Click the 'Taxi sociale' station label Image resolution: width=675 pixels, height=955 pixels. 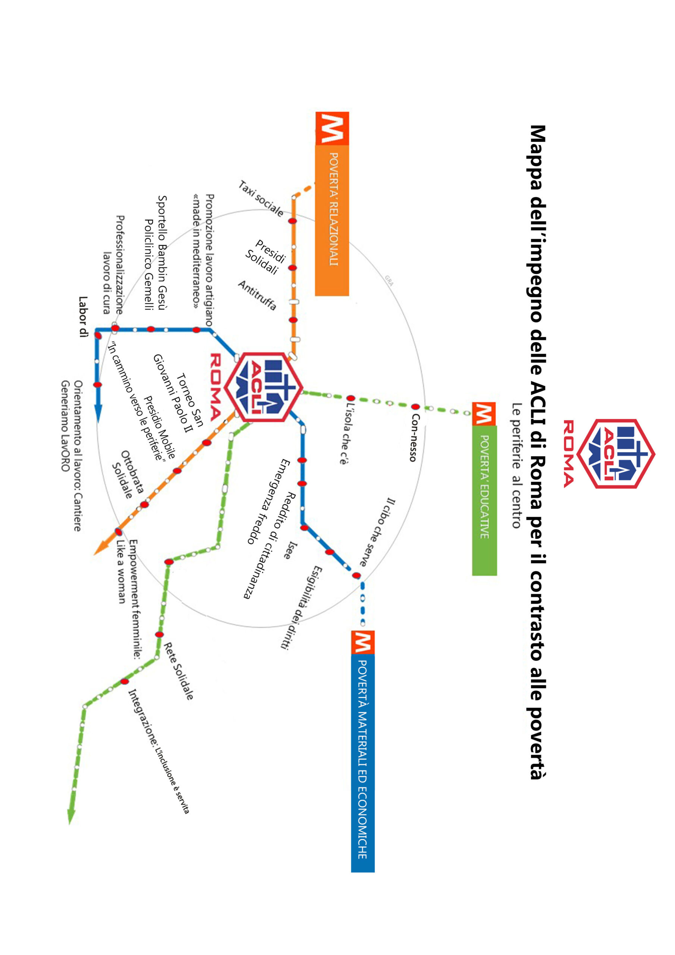[261, 198]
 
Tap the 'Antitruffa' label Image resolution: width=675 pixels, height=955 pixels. [257, 295]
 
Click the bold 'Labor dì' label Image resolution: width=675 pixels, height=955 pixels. [83, 316]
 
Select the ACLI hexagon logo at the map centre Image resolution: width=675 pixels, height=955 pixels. [264, 387]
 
